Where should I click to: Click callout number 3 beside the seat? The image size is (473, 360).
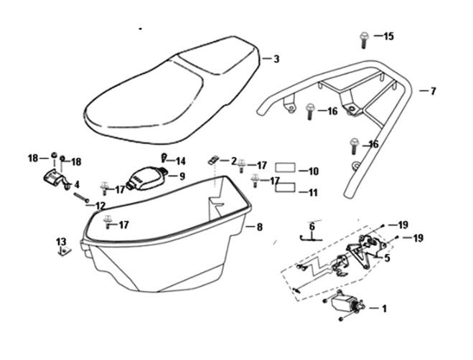276,60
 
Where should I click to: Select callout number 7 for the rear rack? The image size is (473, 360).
433,91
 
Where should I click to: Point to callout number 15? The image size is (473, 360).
388,36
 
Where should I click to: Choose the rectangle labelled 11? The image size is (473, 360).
286,189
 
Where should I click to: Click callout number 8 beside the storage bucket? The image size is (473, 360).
260,227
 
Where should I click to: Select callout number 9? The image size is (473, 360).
182,176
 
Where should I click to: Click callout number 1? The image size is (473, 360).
384,309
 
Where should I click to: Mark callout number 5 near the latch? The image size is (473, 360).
387,257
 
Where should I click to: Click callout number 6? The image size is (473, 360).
312,227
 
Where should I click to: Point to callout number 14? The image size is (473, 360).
180,161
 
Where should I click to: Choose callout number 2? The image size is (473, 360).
233,160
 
